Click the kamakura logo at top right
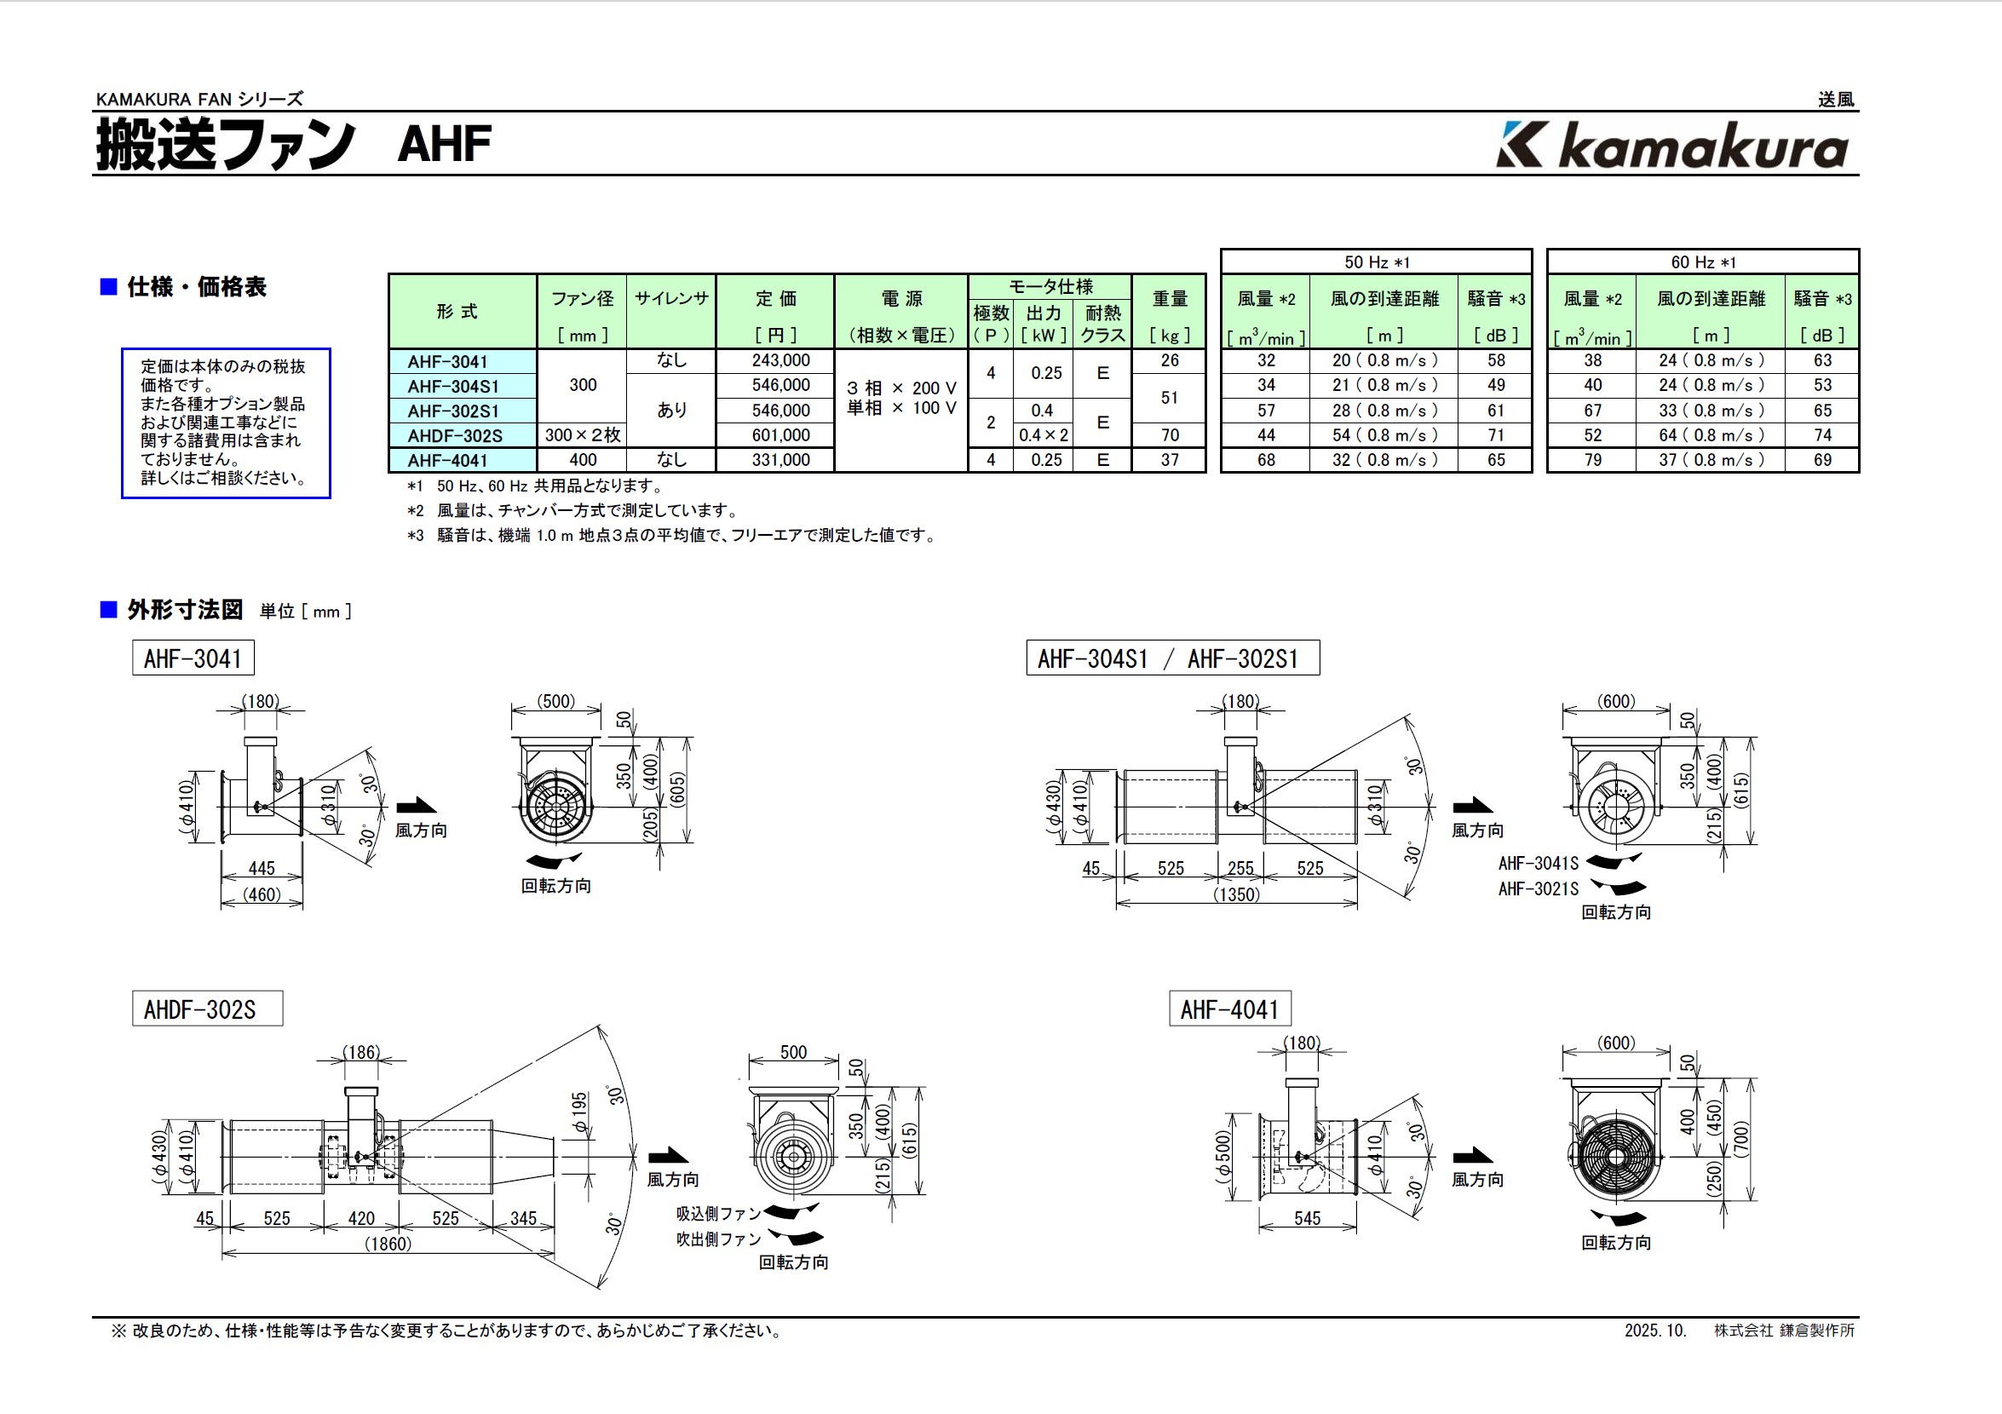(x=1672, y=146)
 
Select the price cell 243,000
(x=780, y=361)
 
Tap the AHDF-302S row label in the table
(x=455, y=436)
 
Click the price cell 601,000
(x=780, y=435)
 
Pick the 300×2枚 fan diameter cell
(x=583, y=435)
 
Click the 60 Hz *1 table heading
(x=1703, y=262)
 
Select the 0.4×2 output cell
(x=1044, y=435)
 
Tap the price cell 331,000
(x=780, y=460)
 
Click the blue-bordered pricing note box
(x=226, y=422)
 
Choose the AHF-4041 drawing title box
(x=1229, y=1009)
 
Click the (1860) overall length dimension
(x=387, y=1244)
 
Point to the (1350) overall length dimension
(x=1236, y=894)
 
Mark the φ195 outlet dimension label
(x=580, y=1114)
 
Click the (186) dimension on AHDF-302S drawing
(x=361, y=1052)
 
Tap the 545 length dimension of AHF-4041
(x=1307, y=1219)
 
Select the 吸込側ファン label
(x=718, y=1214)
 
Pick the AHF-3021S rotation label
(x=1538, y=889)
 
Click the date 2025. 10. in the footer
(x=1655, y=1331)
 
